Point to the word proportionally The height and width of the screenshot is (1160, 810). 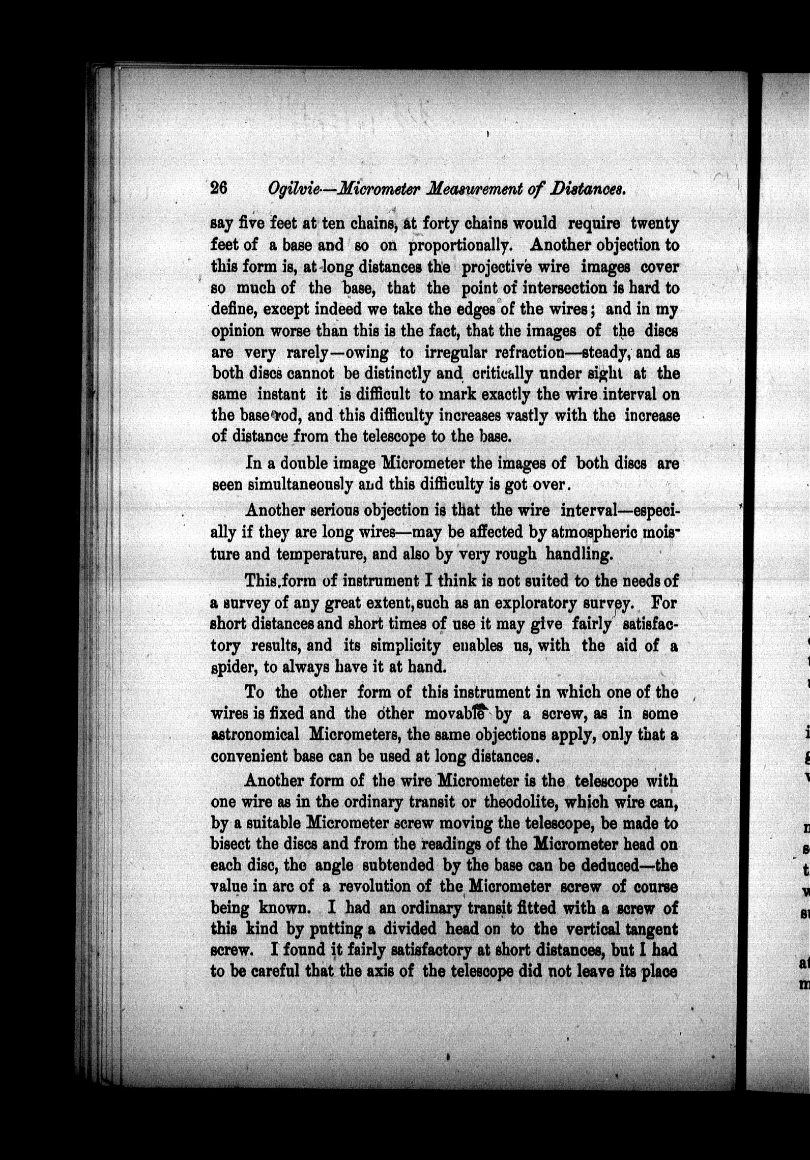point(464,245)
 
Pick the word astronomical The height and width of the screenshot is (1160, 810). point(255,735)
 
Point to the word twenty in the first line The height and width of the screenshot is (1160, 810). point(654,224)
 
